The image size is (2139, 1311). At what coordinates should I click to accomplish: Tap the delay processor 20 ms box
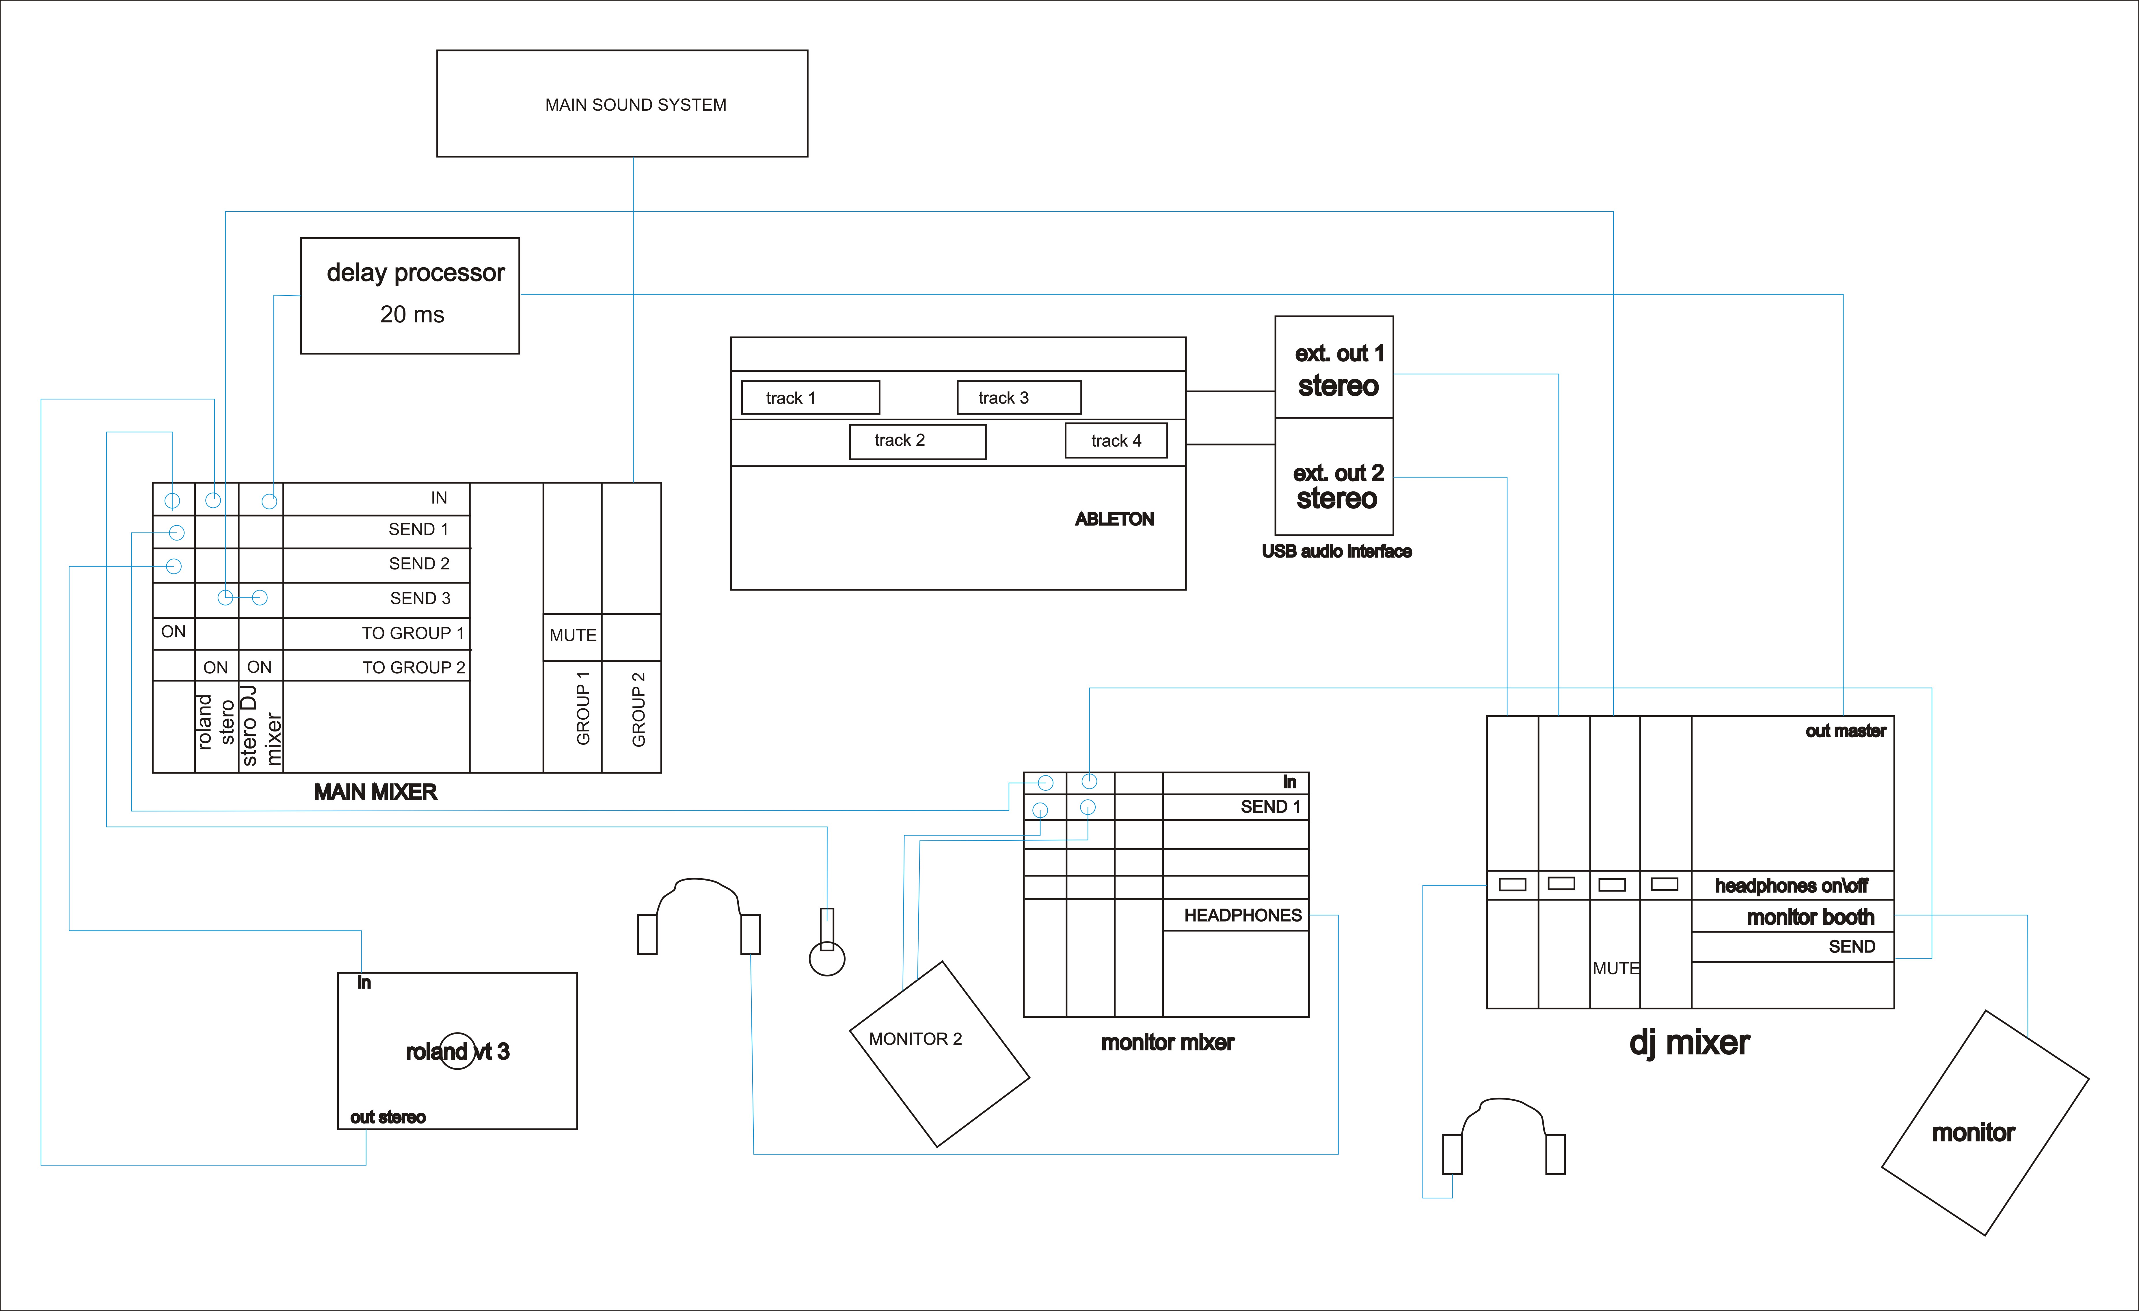(x=410, y=295)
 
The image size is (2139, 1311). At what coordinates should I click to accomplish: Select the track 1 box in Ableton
(x=810, y=398)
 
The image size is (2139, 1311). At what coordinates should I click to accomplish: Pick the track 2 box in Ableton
(x=917, y=441)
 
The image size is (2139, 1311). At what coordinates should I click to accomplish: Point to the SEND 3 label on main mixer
(x=420, y=598)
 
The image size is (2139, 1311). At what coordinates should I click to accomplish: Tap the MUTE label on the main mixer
(x=573, y=635)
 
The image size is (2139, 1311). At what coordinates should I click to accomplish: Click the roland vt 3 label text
(x=457, y=1051)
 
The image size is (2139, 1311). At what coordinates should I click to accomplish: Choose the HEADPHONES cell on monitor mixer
(x=1242, y=915)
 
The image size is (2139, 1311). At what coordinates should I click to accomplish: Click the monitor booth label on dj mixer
(x=1810, y=917)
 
